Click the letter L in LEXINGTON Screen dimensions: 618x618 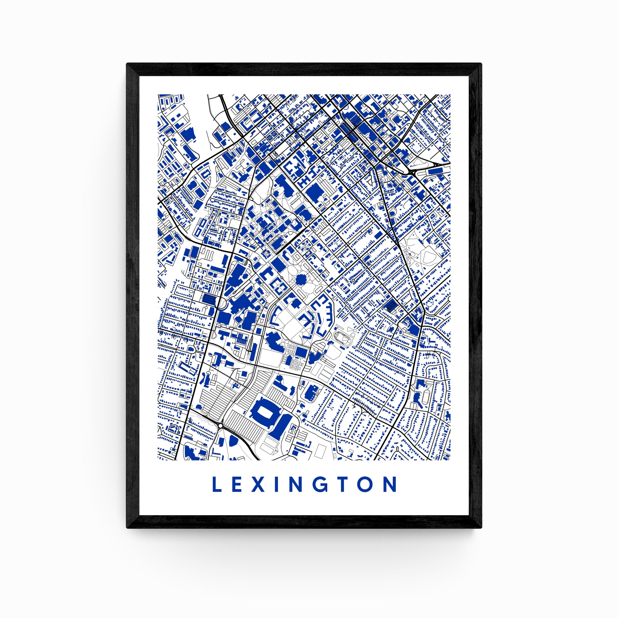click(217, 484)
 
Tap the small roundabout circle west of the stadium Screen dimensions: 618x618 click(220, 425)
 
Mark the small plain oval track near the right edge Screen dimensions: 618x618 click(425, 398)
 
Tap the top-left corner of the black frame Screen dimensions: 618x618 click(127, 64)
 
